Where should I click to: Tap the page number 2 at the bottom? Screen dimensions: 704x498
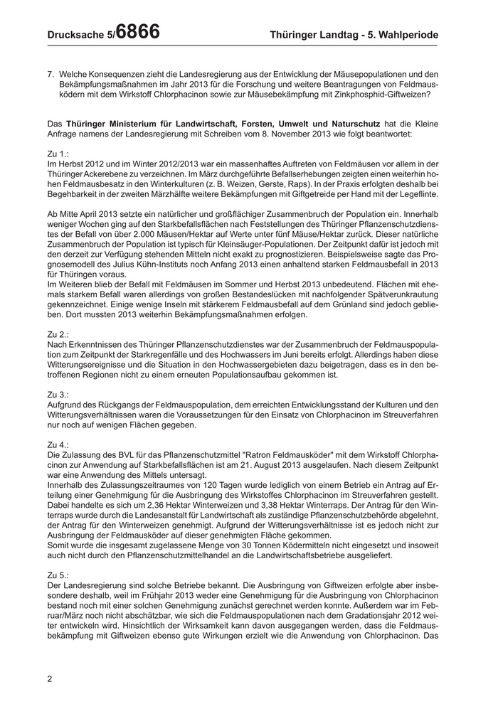[x=50, y=678]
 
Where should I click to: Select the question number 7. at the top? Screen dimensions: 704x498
[x=51, y=74]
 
